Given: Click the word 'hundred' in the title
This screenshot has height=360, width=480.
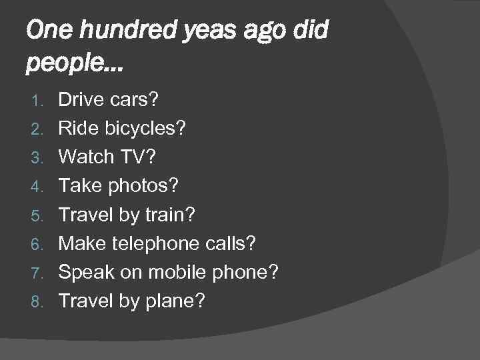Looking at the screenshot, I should (x=111, y=31).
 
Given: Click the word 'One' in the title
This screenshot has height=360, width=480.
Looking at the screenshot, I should (x=45, y=31).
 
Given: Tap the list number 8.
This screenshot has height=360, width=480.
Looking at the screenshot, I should (x=39, y=301).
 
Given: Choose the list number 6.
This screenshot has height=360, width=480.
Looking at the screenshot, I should (x=39, y=244).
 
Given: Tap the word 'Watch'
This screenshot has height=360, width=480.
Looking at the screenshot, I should (x=83, y=157).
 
